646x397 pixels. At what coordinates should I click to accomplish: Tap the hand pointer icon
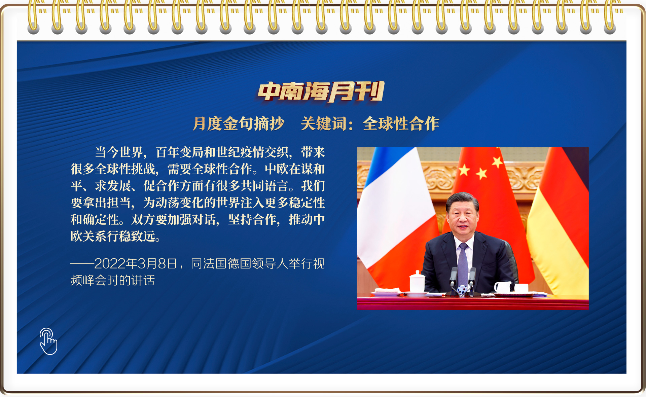click(48, 341)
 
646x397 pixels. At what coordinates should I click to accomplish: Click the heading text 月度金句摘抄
click(239, 123)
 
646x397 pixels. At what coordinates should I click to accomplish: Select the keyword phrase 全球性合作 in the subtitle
click(401, 123)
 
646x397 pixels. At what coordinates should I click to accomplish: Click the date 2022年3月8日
click(136, 264)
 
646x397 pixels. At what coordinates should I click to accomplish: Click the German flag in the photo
click(559, 229)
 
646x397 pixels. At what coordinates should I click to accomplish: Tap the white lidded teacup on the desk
click(417, 282)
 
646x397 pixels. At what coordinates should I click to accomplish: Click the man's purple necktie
click(463, 262)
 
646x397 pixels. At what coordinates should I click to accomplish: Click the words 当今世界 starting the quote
click(119, 152)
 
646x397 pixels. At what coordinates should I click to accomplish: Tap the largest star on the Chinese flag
click(464, 170)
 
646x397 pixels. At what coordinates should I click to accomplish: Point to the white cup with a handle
click(503, 287)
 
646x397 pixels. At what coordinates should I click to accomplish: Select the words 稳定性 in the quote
click(307, 203)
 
